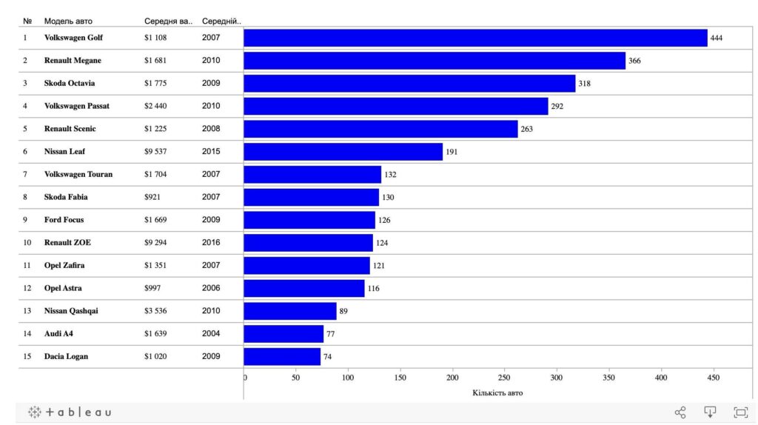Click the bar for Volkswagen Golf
coord(475,38)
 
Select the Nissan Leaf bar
coord(343,151)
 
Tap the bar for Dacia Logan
coord(282,356)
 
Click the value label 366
coord(634,61)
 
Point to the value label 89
coord(343,311)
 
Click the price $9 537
coord(155,151)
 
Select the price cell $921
coord(152,197)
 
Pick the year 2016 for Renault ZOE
coord(211,242)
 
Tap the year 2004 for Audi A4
coord(211,333)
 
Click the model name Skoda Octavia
coord(70,83)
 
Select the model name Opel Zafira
coord(64,265)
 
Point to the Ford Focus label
coord(64,219)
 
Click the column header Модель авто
coord(68,21)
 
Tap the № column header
coord(27,21)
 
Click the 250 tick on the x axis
coord(503,378)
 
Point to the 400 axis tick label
coord(661,378)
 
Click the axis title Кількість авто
coord(497,392)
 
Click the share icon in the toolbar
coord(680,412)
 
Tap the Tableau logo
coord(70,412)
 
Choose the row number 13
coord(27,311)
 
